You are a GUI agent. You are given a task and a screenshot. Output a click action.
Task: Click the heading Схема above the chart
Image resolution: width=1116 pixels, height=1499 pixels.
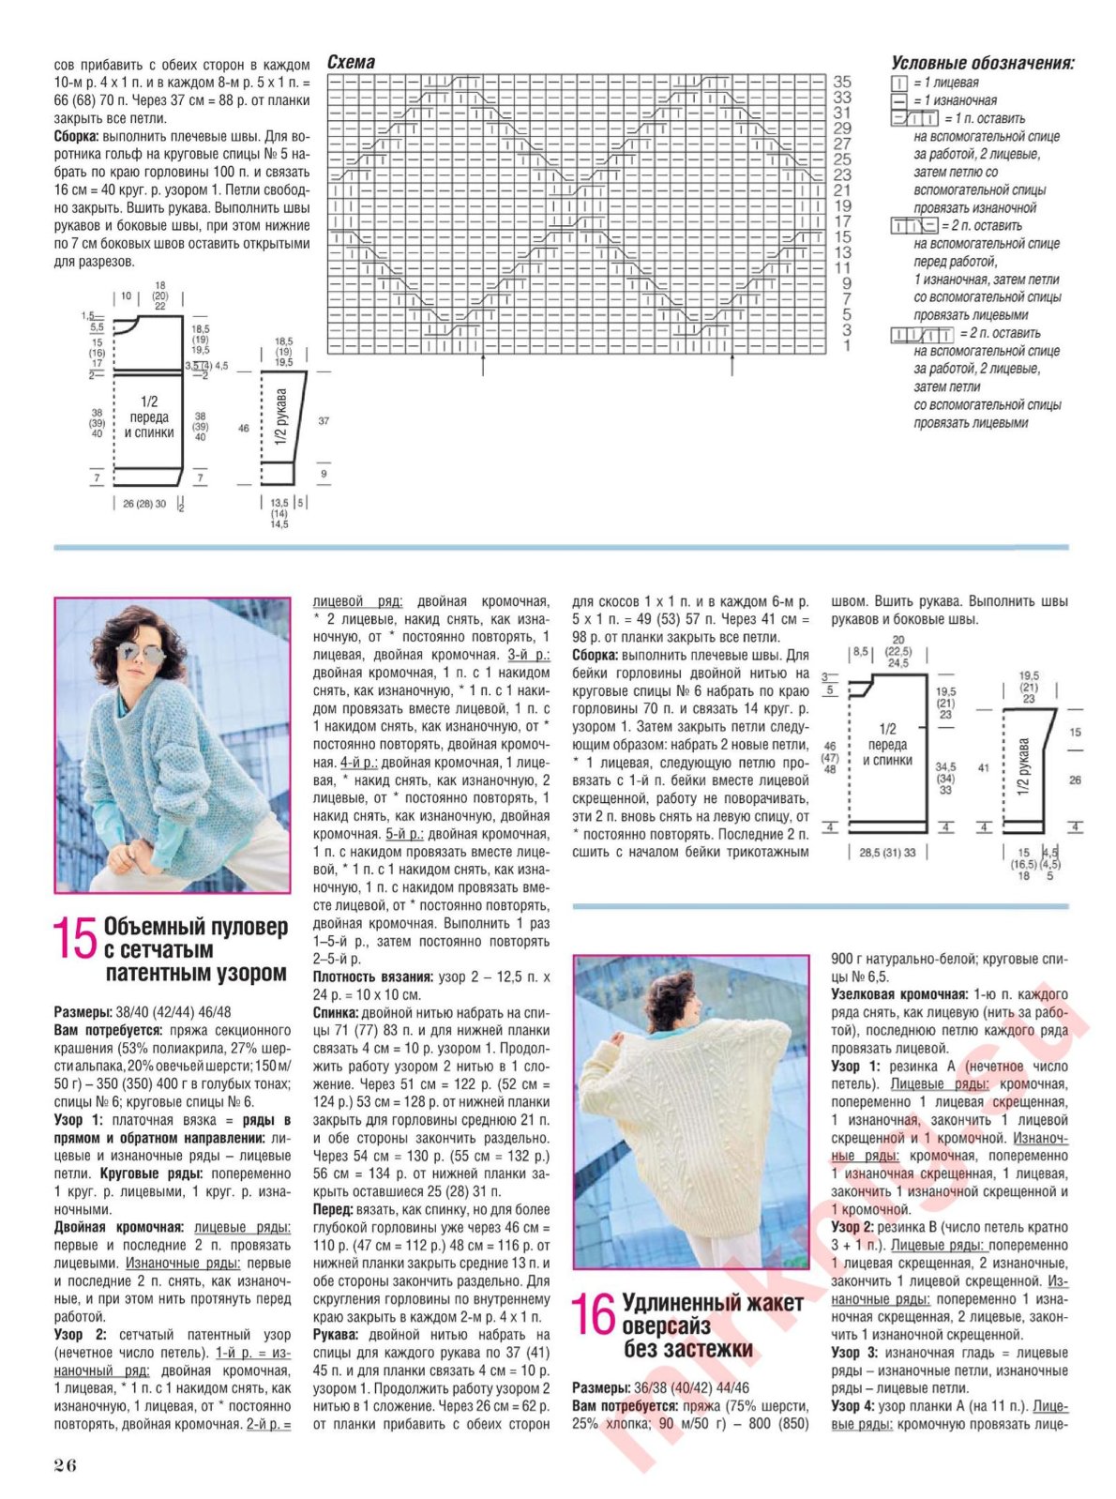(x=351, y=62)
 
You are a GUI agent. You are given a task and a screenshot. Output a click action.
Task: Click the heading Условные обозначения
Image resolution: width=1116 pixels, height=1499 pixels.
(x=981, y=64)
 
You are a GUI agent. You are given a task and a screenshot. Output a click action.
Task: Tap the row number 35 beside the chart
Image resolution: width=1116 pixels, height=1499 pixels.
(x=842, y=82)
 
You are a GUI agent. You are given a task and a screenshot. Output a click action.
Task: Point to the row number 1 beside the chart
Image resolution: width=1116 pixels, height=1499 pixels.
(x=847, y=345)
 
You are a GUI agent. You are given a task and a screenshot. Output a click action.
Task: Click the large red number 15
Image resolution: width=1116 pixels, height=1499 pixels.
(x=75, y=939)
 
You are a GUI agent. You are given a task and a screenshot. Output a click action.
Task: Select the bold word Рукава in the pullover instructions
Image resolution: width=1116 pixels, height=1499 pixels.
(x=335, y=1334)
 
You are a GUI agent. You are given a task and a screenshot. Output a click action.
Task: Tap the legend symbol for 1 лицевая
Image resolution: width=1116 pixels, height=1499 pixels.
(x=898, y=83)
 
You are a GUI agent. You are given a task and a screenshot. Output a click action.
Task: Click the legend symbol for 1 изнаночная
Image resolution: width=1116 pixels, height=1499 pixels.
(x=898, y=100)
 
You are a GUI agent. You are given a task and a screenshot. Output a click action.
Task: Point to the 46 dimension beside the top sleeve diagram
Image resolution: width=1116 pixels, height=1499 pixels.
(x=244, y=428)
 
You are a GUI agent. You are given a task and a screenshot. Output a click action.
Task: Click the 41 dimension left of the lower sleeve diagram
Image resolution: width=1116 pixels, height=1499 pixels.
(x=983, y=767)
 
